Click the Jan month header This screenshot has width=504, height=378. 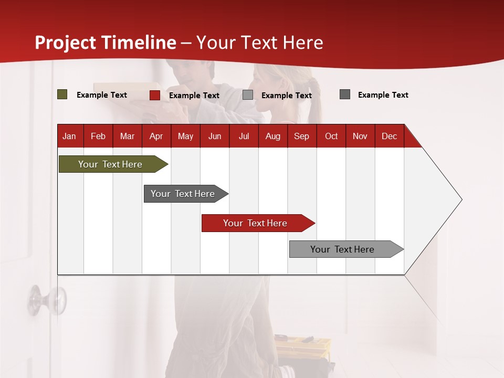pyautogui.click(x=69, y=136)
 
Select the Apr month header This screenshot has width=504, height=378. pyautogui.click(x=156, y=136)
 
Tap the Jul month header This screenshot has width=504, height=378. pyautogui.click(x=244, y=136)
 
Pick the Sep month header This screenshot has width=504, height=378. pyautogui.click(x=301, y=136)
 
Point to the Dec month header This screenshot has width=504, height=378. pyautogui.click(x=389, y=136)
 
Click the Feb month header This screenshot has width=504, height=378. pyautogui.click(x=98, y=136)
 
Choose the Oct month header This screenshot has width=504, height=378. pyautogui.click(x=331, y=136)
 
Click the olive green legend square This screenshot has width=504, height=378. pyautogui.click(x=62, y=94)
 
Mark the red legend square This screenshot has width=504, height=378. pyautogui.click(x=155, y=95)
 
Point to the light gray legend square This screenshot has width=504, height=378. pyautogui.click(x=248, y=95)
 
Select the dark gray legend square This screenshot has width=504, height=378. pyautogui.click(x=345, y=94)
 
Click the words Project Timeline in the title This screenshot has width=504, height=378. pyautogui.click(x=106, y=43)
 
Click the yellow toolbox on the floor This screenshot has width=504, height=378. pyautogui.click(x=303, y=346)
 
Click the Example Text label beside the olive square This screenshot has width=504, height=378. pyautogui.click(x=102, y=95)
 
